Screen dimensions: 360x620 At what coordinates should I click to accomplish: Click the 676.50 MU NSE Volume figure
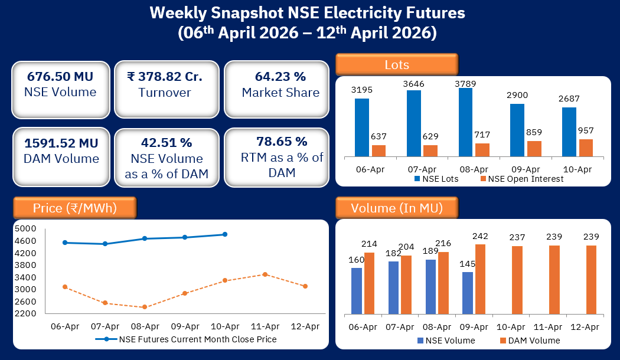[60, 77]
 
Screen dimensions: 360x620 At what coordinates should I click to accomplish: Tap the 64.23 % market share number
[280, 77]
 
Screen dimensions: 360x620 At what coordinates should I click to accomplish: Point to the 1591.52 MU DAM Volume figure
[61, 143]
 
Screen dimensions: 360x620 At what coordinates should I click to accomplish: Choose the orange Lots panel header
[397, 64]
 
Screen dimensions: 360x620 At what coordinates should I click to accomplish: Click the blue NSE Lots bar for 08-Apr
[465, 123]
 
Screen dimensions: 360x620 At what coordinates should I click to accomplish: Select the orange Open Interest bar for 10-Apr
[586, 148]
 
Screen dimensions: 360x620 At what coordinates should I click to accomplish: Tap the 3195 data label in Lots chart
[362, 90]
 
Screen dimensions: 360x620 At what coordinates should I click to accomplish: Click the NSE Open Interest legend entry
[521, 179]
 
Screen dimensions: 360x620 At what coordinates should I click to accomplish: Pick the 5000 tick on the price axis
[25, 228]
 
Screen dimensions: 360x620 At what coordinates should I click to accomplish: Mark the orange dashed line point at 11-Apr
[265, 274]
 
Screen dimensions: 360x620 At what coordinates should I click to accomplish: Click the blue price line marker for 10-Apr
[225, 234]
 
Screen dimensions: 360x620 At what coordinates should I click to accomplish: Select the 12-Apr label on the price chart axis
[305, 326]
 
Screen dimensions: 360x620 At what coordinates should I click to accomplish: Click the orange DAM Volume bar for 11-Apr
[554, 280]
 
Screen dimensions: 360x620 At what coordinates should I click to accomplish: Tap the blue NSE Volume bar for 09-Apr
[468, 293]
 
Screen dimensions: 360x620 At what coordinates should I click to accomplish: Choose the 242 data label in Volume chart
[480, 235]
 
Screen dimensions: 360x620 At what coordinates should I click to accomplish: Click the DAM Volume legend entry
[529, 341]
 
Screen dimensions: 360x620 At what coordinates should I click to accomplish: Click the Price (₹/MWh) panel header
[74, 208]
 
